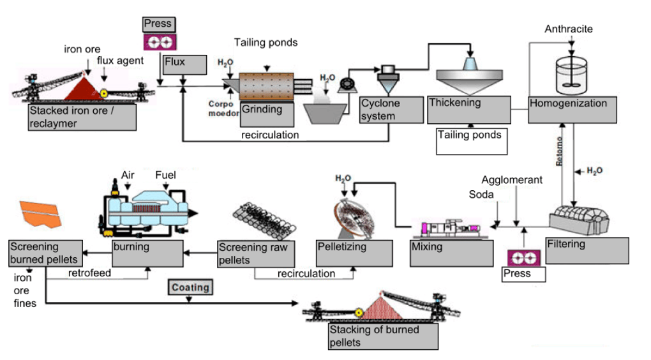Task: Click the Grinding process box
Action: (x=267, y=114)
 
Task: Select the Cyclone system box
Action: (x=391, y=110)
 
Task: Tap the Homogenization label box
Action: (x=572, y=109)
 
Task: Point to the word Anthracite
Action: (x=569, y=29)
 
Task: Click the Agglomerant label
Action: (x=512, y=180)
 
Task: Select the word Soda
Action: (x=481, y=194)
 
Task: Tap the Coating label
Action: (x=190, y=287)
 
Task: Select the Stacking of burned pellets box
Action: (x=383, y=336)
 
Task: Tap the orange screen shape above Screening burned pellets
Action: (x=41, y=213)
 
